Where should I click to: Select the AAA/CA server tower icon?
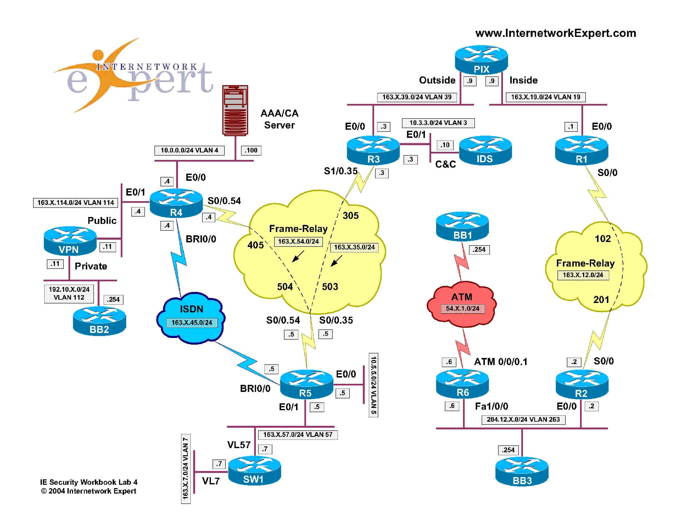[235, 110]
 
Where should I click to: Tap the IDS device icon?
[485, 150]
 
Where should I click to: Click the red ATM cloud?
[462, 304]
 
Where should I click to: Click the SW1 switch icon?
[254, 471]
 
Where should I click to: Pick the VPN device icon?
[70, 241]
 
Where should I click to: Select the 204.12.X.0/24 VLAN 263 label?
[523, 420]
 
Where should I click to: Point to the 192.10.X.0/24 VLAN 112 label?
[69, 293]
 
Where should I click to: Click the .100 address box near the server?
[251, 150]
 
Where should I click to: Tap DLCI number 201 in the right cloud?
[601, 299]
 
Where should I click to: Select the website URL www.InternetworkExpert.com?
[555, 33]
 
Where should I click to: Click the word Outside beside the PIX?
[437, 80]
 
